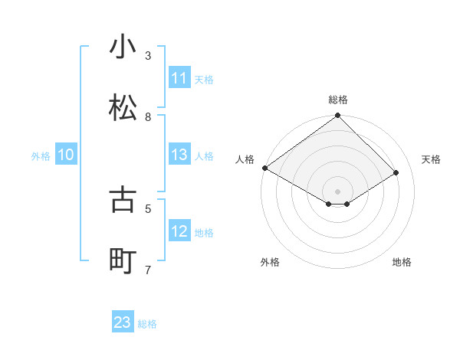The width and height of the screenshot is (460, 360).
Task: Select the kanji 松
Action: coord(123,108)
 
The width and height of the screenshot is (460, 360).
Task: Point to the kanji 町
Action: coord(123,260)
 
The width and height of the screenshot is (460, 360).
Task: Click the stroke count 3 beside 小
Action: coord(148,56)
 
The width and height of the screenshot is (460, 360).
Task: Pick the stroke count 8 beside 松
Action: coord(148,117)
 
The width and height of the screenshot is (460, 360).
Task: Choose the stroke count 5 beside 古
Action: coord(148,208)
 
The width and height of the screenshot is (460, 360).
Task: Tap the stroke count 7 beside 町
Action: coord(148,270)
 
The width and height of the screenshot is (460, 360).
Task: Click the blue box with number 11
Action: coord(179,78)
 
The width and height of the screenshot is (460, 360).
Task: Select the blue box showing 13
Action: coord(179,155)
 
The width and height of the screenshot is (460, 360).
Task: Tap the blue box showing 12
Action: coord(179,231)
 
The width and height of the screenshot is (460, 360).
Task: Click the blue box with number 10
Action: coord(66,155)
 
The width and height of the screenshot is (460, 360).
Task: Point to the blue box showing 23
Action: coord(123,322)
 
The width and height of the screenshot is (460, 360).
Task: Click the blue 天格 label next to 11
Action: coord(204,79)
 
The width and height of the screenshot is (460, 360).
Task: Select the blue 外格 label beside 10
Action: coord(41,156)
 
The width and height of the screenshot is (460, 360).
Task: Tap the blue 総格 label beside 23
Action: coord(147,324)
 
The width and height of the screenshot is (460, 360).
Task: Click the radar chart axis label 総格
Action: coord(338,100)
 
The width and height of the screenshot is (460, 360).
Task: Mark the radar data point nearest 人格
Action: coord(264,168)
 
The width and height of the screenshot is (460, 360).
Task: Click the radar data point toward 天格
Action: coord(396,173)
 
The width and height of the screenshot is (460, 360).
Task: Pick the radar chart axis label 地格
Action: coord(402,262)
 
